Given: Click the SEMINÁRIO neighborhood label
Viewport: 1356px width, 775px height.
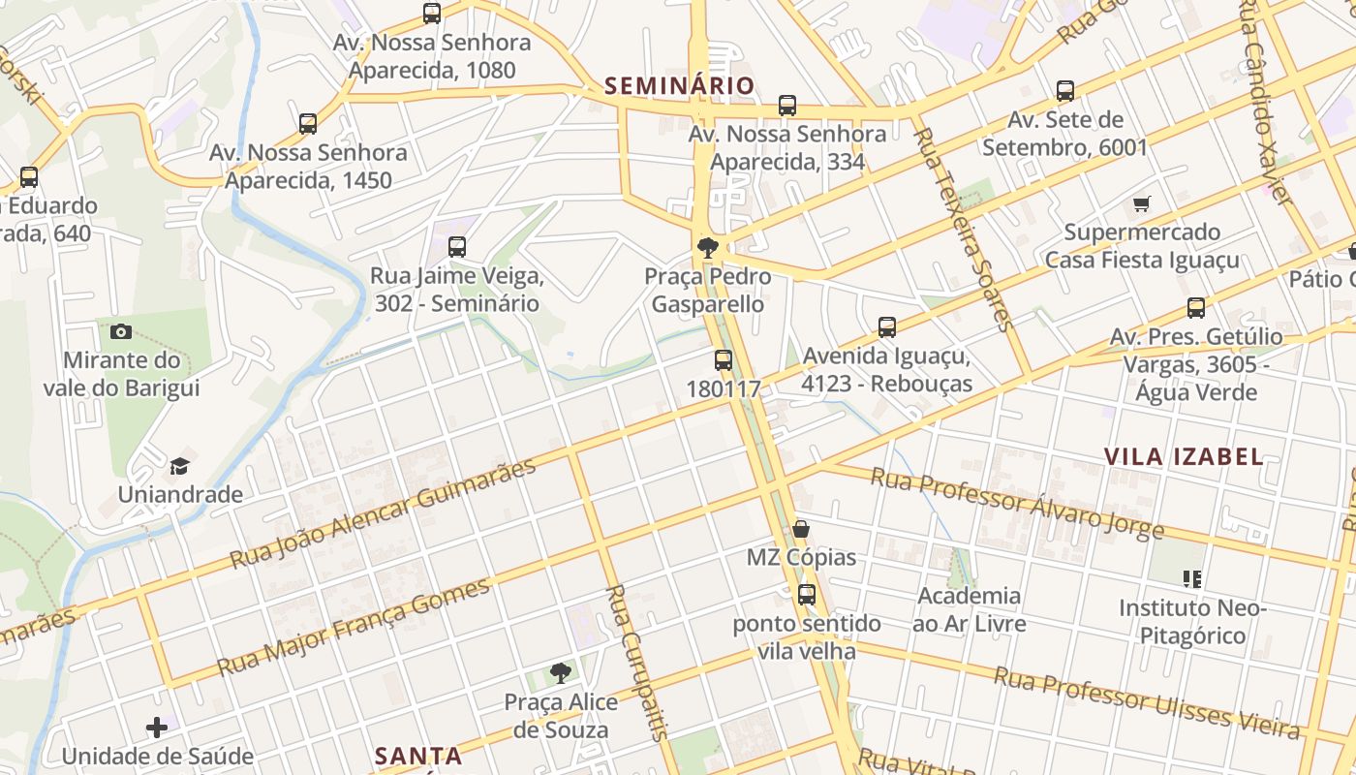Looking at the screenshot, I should point(679,85).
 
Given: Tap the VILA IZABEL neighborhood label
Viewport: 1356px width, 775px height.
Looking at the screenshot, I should point(1184,456).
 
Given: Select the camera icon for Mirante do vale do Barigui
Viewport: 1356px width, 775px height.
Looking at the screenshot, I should point(121,331).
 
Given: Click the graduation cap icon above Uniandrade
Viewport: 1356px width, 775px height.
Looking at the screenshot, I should point(180,467).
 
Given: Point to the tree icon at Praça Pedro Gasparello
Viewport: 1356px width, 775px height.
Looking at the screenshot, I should point(708,248).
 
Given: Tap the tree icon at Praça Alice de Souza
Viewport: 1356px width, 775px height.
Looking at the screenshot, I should point(560,672).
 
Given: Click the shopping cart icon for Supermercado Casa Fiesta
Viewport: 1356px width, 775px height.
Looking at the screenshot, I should point(1142,203).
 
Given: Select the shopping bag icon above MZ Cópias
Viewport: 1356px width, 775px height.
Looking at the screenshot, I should point(801,529).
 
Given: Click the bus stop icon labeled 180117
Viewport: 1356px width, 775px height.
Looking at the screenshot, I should point(724,360).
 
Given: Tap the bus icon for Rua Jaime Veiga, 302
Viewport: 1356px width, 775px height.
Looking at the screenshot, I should point(457,247).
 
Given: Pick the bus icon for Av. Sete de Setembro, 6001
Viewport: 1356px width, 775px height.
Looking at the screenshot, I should point(1065,91).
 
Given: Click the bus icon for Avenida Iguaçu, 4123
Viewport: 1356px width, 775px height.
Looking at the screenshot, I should point(887,327).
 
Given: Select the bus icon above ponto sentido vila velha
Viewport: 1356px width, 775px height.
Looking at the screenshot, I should point(807,595).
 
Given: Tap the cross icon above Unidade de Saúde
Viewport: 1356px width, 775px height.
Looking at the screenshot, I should point(157,727).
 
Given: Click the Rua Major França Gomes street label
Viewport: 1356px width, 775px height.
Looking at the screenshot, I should point(354,628).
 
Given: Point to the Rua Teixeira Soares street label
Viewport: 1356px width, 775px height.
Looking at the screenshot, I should point(965,229).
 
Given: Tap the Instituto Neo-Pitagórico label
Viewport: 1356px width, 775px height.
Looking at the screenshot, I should point(1192,622).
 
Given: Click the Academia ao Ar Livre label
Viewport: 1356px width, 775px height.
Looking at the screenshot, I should point(969,609).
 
